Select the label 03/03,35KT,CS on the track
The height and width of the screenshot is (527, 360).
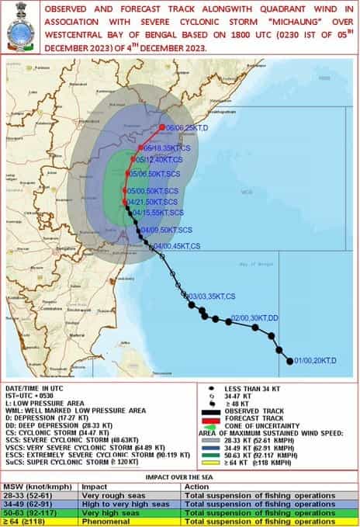point(212,296)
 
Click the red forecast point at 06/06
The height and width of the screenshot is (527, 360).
point(162,127)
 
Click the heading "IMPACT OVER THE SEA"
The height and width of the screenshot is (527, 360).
point(180,477)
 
